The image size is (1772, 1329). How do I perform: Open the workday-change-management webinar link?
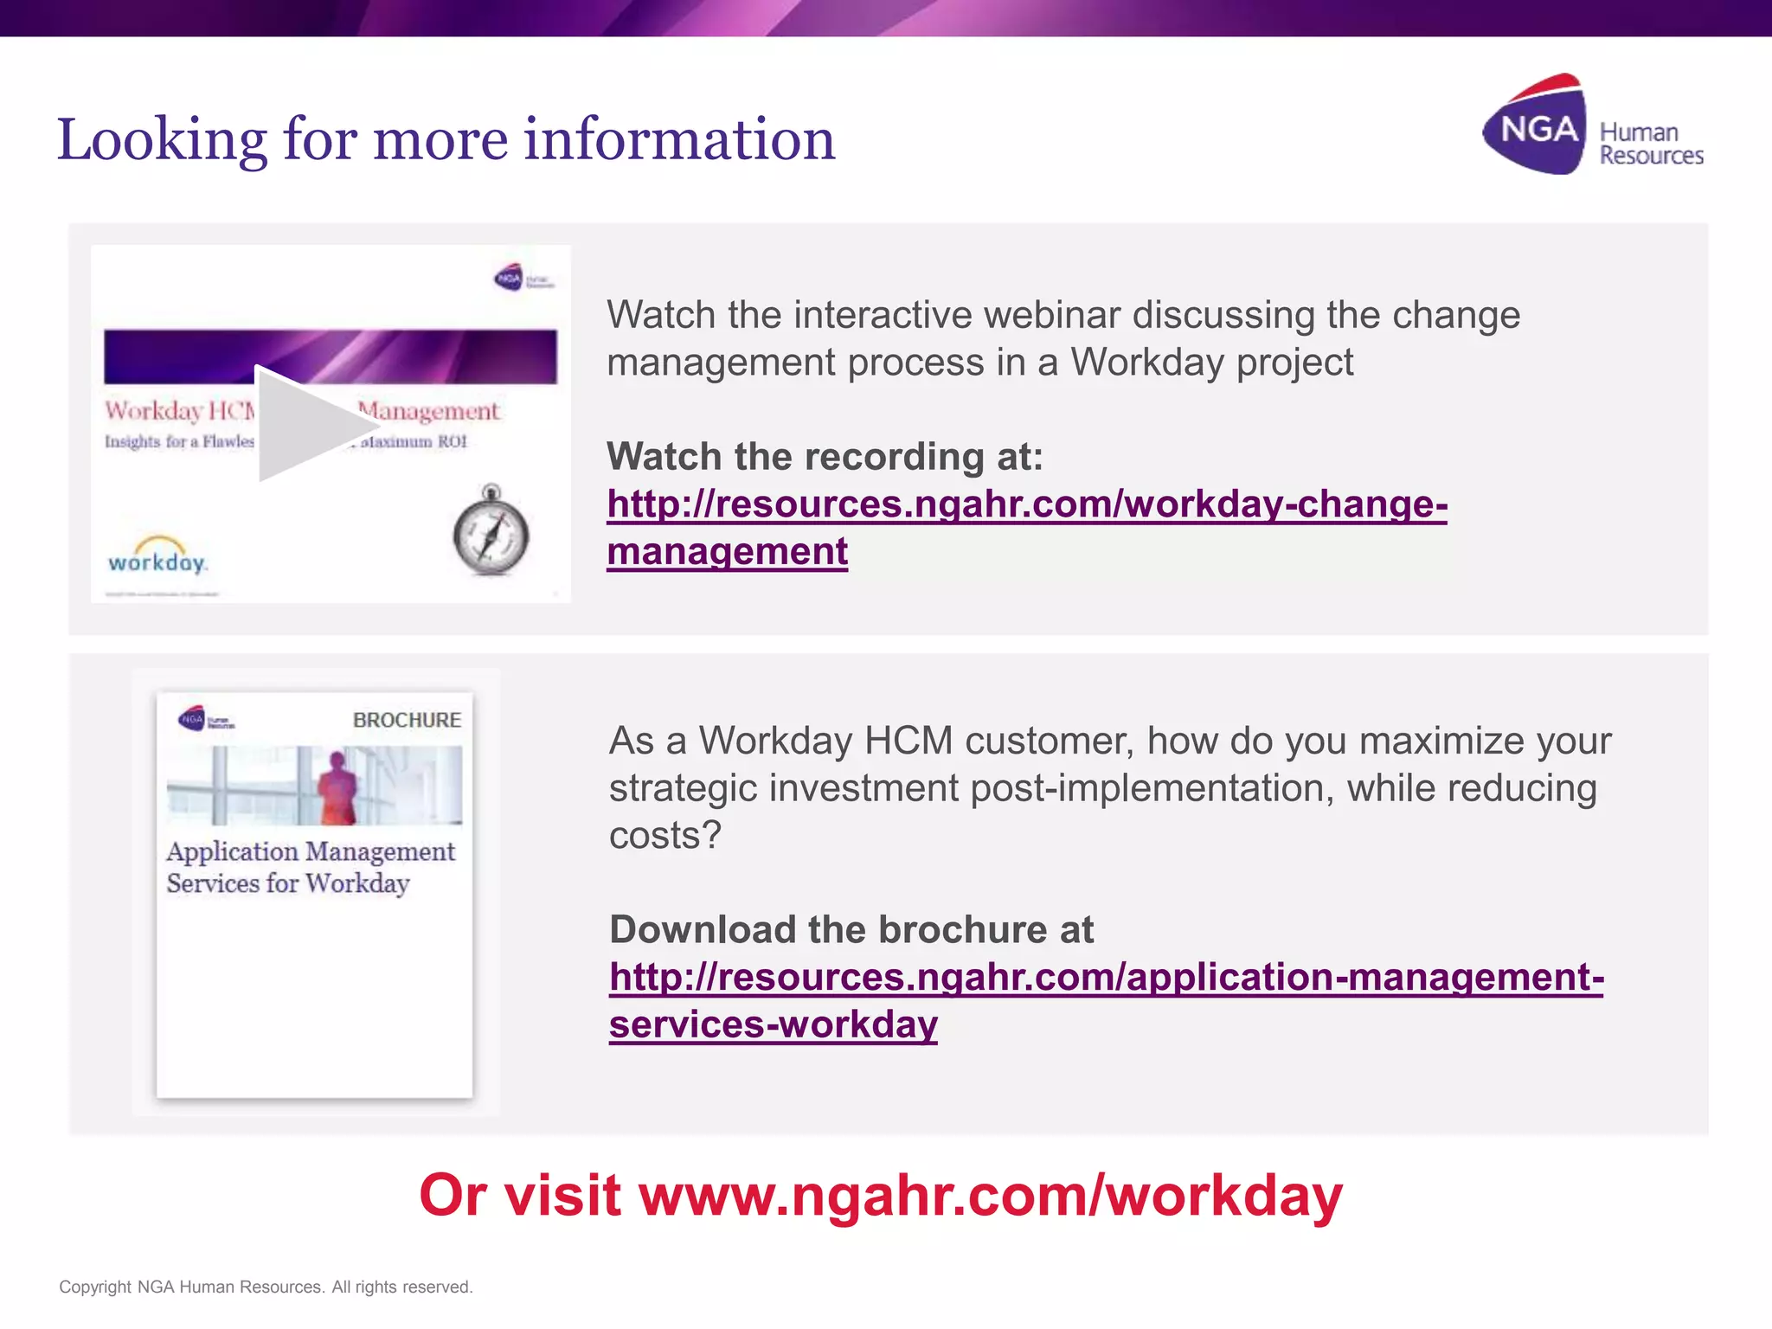coord(1026,504)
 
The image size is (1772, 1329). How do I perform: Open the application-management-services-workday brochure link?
coord(1106,978)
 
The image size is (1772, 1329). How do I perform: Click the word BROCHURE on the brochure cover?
coord(407,720)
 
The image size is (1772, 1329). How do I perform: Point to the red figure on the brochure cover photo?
coord(337,786)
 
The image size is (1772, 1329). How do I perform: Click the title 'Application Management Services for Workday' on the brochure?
coord(310,867)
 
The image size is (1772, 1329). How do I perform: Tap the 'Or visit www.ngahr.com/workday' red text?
coord(881,1196)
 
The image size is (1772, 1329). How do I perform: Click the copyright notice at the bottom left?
coord(266,1287)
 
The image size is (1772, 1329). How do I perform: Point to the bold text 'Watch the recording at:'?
coord(825,457)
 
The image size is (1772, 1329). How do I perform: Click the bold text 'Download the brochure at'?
coord(851,930)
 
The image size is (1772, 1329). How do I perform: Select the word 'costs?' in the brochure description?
coord(664,836)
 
